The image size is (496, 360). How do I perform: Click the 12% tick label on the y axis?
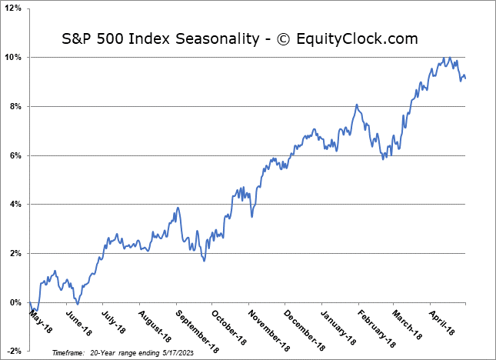tap(15, 8)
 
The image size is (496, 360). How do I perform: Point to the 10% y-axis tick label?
tap(15, 58)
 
